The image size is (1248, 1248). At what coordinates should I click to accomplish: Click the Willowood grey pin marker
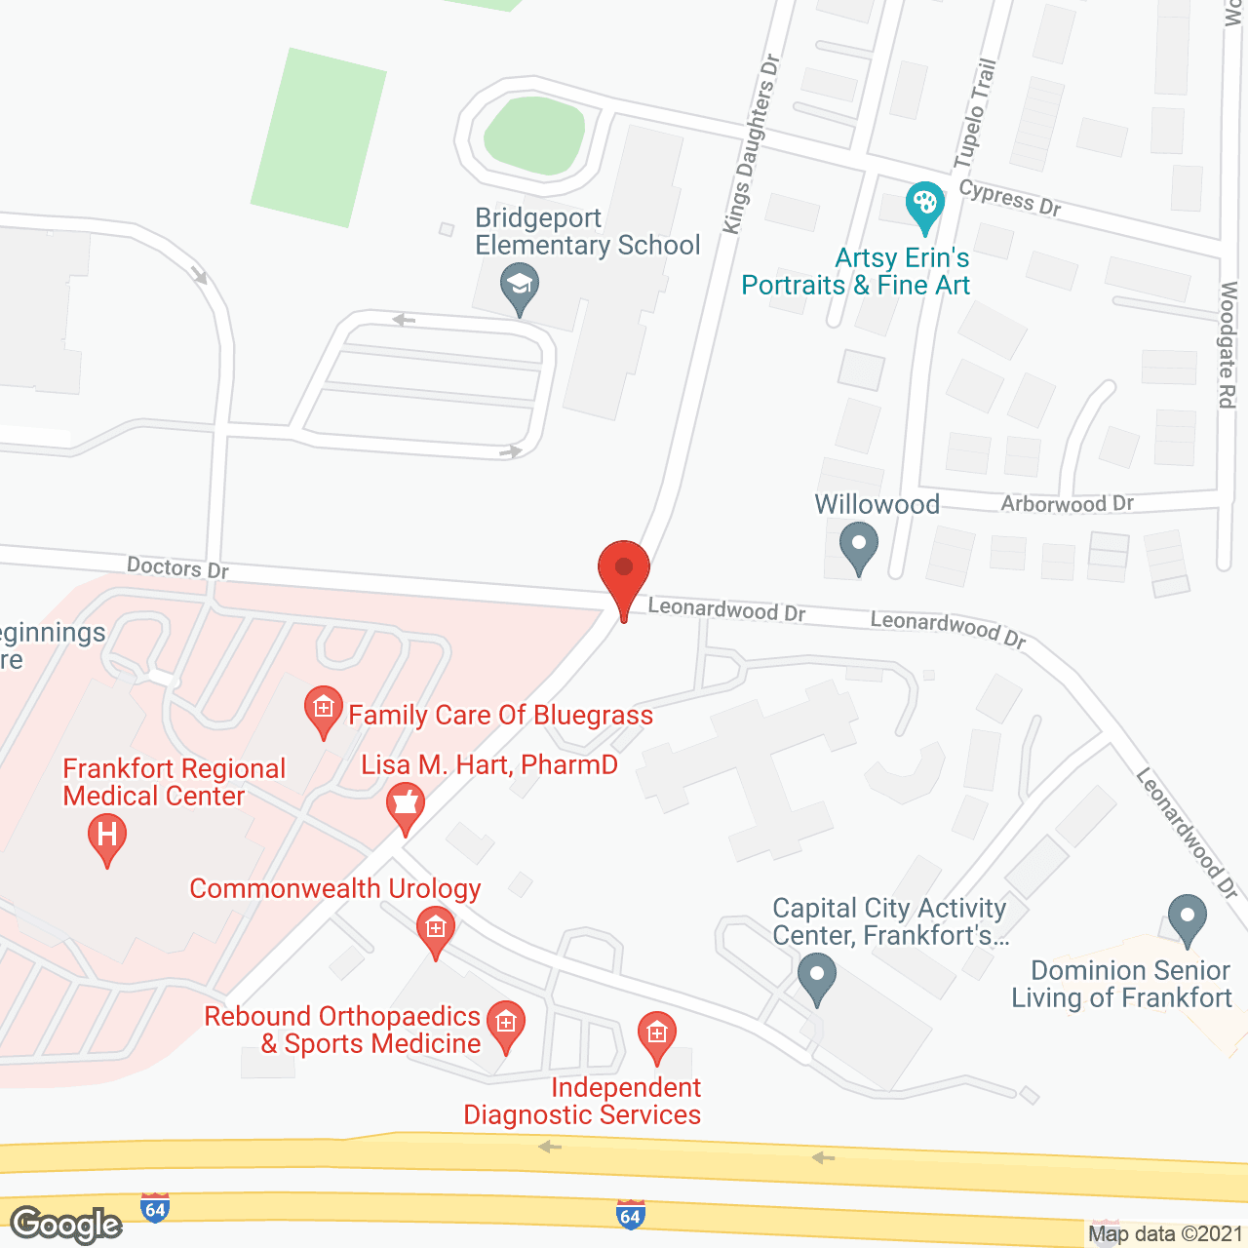pos(858,546)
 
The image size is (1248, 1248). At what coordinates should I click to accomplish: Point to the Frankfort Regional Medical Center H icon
pos(107,837)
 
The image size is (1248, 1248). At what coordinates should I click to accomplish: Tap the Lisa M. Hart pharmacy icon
pos(406,805)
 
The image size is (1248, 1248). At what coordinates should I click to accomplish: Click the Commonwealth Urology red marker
pos(436,928)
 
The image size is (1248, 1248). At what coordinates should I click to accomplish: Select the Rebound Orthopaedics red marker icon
pos(506,1024)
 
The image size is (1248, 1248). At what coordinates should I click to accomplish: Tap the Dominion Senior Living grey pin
pos(1187,917)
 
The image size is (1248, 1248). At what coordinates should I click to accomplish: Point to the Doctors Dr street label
pos(177,567)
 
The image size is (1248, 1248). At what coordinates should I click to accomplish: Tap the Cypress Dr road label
pos(1009,198)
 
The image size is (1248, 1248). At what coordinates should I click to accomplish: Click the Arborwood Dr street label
pos(1067,504)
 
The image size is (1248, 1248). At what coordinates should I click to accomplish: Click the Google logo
pos(66,1225)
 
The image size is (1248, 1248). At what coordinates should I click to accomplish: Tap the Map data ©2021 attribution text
pos(1165,1234)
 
